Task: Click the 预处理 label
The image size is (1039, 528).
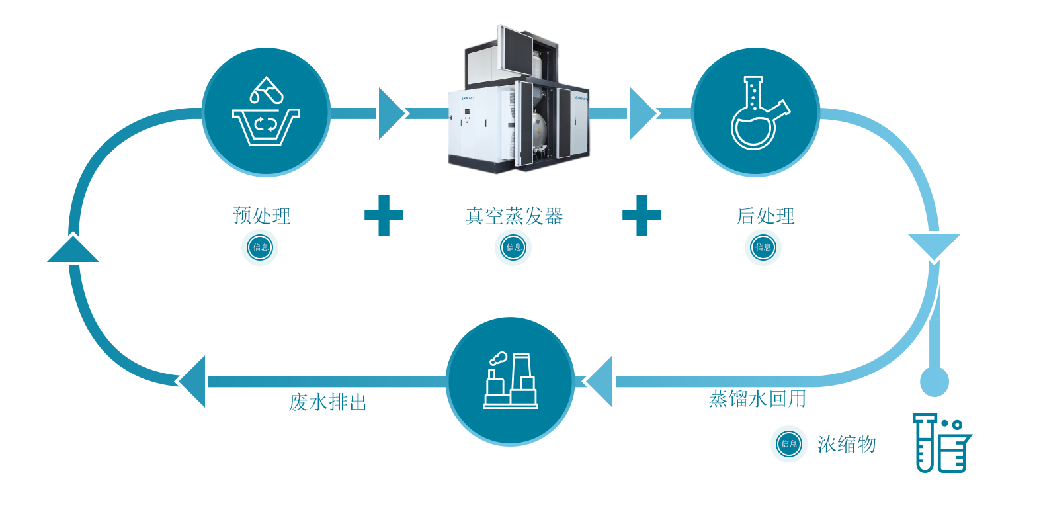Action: (262, 216)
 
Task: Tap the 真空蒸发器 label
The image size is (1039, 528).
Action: (514, 216)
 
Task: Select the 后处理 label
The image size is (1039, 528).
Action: (765, 216)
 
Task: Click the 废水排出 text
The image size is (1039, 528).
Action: (328, 402)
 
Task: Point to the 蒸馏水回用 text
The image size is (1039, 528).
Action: (757, 398)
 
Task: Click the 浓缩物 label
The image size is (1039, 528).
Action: (847, 444)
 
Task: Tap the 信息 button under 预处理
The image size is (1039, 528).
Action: (260, 247)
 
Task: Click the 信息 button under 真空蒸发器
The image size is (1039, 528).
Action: (513, 247)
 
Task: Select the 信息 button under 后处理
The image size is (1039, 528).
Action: (763, 247)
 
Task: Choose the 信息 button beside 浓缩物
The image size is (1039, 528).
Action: (789, 444)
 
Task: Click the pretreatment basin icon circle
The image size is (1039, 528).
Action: (266, 112)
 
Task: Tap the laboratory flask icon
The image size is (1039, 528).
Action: (755, 112)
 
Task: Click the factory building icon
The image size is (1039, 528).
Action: (510, 381)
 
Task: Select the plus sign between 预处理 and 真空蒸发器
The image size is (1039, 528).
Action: (384, 215)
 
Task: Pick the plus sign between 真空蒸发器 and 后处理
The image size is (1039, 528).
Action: (642, 215)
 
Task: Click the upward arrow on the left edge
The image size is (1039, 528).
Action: (74, 249)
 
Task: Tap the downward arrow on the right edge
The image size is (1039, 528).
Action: (932, 247)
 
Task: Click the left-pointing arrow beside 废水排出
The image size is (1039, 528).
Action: (193, 378)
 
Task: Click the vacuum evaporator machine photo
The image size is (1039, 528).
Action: (519, 104)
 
